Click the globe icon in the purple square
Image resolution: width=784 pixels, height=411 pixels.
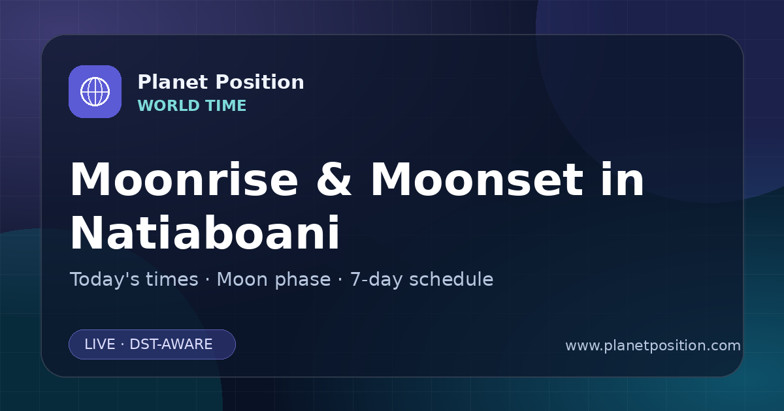(x=95, y=91)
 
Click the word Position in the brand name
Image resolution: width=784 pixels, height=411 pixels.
(x=260, y=82)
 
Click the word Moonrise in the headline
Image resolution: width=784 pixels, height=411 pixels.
(x=184, y=179)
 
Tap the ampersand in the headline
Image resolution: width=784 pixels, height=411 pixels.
(x=334, y=179)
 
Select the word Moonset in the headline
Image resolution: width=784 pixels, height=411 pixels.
(x=477, y=179)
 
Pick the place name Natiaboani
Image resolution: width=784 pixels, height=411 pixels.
(x=205, y=233)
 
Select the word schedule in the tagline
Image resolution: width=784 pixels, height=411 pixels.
(x=451, y=280)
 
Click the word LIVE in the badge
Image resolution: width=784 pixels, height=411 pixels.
(x=100, y=344)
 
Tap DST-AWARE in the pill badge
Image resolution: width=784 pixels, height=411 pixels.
(x=171, y=344)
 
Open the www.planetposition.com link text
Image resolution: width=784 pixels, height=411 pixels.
(x=653, y=346)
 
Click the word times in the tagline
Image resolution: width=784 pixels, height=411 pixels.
(x=172, y=280)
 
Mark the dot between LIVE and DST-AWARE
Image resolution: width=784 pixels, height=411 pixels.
(x=123, y=344)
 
